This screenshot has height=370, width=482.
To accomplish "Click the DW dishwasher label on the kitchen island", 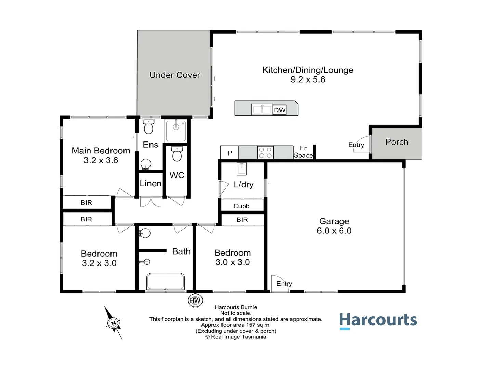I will click(279, 110).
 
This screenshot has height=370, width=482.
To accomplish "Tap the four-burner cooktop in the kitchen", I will click(265, 152).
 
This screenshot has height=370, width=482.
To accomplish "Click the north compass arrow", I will click(113, 323).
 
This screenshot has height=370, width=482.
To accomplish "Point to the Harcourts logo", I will click(378, 321).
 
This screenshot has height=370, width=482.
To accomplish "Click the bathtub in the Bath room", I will click(166, 282).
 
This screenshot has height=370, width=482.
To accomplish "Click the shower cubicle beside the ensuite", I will click(176, 131).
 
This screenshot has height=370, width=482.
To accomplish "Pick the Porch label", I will click(396, 142).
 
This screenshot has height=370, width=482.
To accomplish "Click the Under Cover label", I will click(175, 75).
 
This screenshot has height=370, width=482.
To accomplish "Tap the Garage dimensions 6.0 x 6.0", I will click(334, 231).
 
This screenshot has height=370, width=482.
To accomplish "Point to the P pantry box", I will click(230, 153).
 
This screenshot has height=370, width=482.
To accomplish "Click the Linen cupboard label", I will click(151, 184).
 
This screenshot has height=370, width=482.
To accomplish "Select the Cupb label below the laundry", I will click(242, 206).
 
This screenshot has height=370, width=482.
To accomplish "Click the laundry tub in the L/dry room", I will click(242, 169).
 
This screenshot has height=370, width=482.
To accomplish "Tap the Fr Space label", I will click(303, 152).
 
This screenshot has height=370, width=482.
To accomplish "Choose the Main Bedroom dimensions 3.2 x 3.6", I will click(101, 160).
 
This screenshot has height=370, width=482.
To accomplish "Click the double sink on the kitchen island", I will click(262, 110).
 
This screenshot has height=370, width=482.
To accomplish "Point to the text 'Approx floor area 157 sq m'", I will click(235, 325).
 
